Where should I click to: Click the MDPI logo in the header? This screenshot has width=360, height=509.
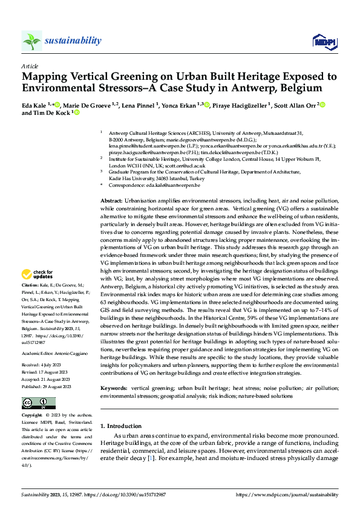[323, 41]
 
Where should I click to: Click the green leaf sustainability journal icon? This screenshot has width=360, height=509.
[31, 41]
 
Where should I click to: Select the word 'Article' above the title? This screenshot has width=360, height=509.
[29, 66]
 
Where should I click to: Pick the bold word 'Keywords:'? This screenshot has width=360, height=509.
[114, 386]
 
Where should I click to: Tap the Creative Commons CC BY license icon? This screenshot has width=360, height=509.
[38, 403]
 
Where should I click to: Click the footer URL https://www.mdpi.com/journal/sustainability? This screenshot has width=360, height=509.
[287, 495]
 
